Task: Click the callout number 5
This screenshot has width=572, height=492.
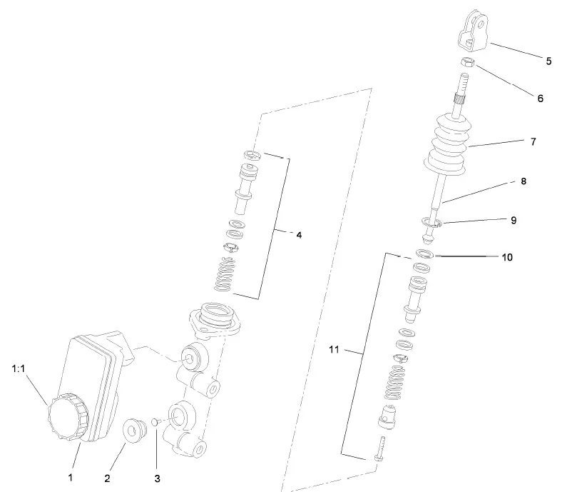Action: click(548, 61)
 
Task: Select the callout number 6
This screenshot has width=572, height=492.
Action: click(541, 99)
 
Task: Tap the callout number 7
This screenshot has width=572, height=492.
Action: click(533, 142)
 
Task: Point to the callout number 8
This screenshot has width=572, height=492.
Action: click(524, 181)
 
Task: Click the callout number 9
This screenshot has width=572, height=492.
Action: click(513, 221)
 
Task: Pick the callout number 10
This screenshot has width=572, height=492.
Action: click(507, 257)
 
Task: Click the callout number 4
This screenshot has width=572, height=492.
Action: click(299, 234)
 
